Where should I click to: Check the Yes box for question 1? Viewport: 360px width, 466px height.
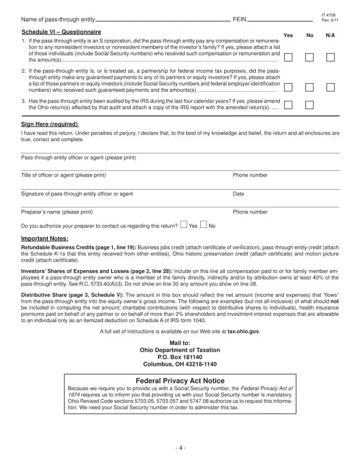pyautogui.click(x=288, y=57)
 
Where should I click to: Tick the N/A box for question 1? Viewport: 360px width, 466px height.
pyautogui.click(x=330, y=57)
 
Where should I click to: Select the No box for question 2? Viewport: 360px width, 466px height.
pyautogui.click(x=310, y=87)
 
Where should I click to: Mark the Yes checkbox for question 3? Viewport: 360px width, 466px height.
pyautogui.click(x=288, y=105)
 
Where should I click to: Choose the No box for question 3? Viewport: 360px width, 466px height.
pyautogui.click(x=310, y=105)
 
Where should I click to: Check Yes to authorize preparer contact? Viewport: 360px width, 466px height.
pyautogui.click(x=184, y=225)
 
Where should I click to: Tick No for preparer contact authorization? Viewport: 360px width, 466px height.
pyautogui.click(x=203, y=225)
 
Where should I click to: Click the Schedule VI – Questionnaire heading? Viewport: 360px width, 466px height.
pyautogui.click(x=61, y=32)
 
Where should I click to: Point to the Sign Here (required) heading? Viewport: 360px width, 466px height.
pyautogui.click(x=50, y=124)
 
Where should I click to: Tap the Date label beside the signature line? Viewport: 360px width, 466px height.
pyautogui.click(x=238, y=194)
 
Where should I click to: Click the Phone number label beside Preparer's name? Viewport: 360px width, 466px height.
pyautogui.click(x=250, y=212)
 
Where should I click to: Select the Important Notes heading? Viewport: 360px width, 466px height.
pyautogui.click(x=45, y=239)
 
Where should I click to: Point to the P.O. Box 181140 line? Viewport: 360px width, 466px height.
pyautogui.click(x=180, y=357)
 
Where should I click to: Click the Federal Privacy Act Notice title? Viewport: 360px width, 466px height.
pyautogui.click(x=180, y=381)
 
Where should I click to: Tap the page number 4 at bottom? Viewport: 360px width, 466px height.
pyautogui.click(x=180, y=448)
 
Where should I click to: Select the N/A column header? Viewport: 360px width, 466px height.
pyautogui.click(x=330, y=35)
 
